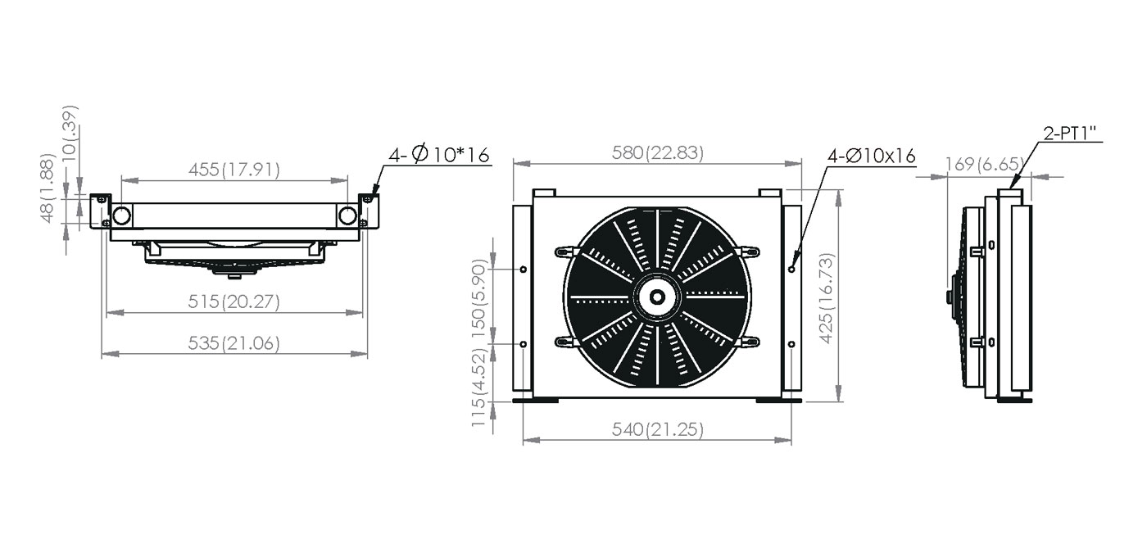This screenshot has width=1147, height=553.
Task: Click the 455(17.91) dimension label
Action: (x=234, y=170)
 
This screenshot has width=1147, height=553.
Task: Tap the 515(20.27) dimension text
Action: (x=234, y=301)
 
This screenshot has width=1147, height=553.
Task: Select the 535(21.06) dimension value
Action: (x=234, y=343)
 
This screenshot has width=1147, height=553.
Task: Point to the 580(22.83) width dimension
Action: (x=658, y=152)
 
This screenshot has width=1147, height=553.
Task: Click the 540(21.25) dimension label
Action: (x=658, y=429)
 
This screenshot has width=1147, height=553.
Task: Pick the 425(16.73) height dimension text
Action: (x=827, y=298)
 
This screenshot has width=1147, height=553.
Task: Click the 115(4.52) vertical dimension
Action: (x=478, y=387)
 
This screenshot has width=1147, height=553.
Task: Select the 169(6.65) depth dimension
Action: (x=985, y=164)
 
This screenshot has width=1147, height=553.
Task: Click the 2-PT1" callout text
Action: (x=1070, y=134)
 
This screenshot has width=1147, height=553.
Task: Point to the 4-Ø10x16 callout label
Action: (x=872, y=156)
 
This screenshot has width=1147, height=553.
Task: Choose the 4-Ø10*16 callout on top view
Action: (x=439, y=154)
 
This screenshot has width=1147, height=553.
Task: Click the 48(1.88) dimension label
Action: (x=48, y=188)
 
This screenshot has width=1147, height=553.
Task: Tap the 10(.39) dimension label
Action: (x=70, y=133)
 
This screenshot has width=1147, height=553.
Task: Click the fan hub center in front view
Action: (x=657, y=297)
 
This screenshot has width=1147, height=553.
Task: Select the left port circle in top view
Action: (x=122, y=215)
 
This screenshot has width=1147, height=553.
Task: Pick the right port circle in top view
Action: (x=347, y=215)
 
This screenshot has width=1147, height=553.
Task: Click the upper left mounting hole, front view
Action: (x=524, y=270)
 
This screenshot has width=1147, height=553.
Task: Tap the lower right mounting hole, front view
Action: (x=791, y=344)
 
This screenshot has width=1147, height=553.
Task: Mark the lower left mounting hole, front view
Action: (x=524, y=344)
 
